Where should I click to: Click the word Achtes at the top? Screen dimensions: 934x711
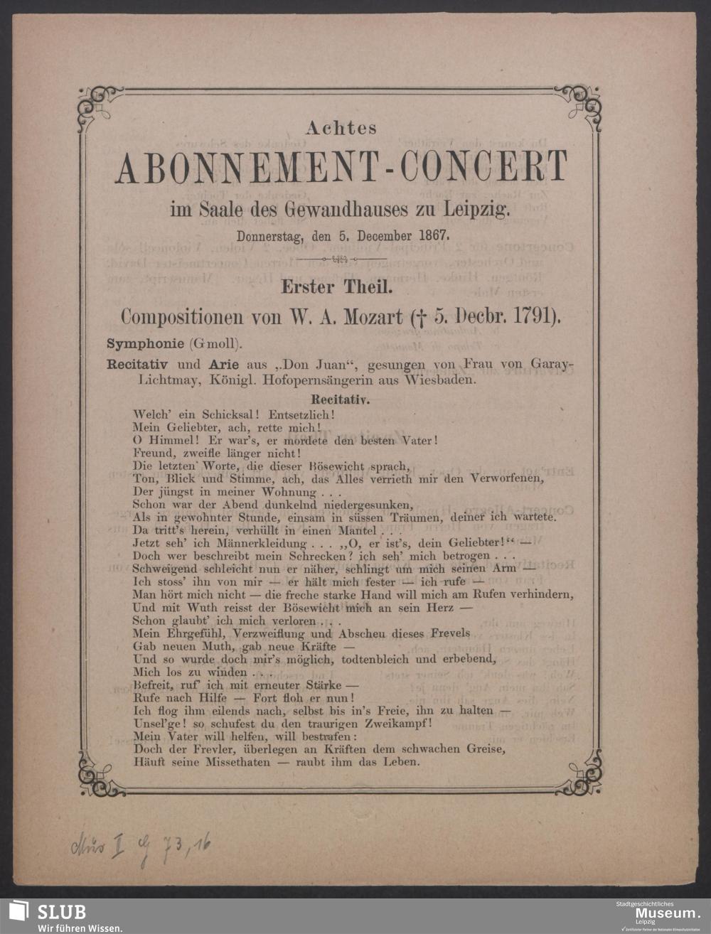point(341,129)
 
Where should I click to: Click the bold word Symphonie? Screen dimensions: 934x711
point(146,343)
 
